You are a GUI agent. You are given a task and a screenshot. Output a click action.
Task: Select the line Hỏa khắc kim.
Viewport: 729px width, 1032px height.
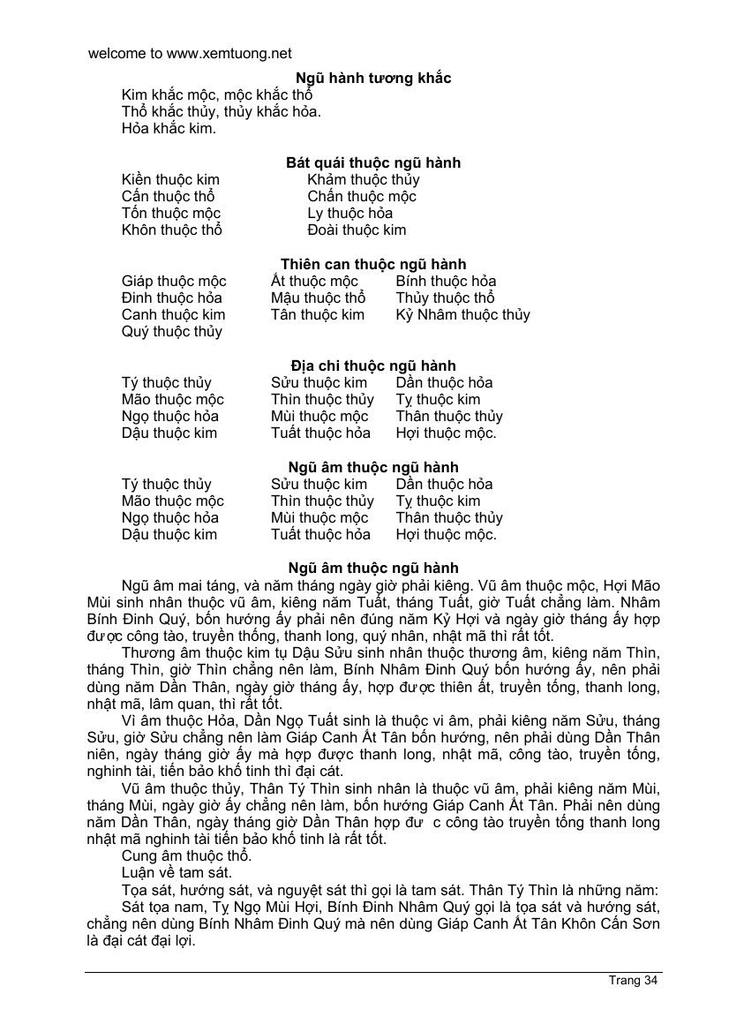point(169,128)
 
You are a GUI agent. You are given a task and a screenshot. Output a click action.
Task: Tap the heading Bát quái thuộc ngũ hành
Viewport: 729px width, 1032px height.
point(372,163)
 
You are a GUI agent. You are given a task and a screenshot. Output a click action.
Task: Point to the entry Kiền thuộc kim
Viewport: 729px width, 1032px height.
point(170,180)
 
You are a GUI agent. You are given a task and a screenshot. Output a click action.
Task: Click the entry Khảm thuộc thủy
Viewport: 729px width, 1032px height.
point(364,180)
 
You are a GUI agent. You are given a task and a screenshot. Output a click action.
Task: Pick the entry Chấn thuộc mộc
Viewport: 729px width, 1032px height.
point(362,197)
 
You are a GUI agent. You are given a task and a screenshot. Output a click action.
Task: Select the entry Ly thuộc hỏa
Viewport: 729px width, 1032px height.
point(350,214)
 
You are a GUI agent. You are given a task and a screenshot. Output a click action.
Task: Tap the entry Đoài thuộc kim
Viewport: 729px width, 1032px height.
point(357,230)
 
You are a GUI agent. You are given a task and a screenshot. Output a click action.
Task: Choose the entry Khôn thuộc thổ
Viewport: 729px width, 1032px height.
point(171,230)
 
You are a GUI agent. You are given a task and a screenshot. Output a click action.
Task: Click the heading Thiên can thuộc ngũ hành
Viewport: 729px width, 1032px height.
point(372,265)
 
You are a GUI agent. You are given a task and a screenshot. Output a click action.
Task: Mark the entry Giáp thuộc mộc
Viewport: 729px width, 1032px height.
point(174,282)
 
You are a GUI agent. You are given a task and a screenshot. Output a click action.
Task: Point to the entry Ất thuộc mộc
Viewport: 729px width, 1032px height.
point(314,282)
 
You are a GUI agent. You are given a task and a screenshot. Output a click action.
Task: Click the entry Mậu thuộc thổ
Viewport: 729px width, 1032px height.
point(318,298)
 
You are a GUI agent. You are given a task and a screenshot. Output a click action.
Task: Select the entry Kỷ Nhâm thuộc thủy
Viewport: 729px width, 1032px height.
point(462,315)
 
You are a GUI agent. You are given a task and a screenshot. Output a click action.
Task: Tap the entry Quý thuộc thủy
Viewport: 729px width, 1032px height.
point(171,332)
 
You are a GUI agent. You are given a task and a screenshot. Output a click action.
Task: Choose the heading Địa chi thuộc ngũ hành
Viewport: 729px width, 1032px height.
point(372,366)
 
